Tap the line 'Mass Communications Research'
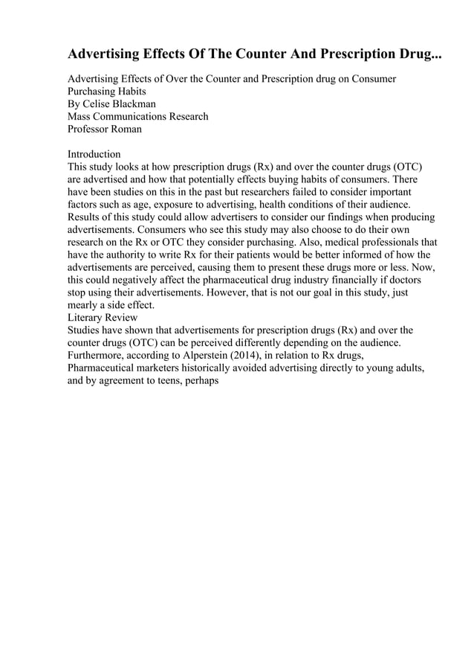coord(138,116)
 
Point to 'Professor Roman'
coord(105,129)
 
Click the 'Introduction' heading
coord(94,154)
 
